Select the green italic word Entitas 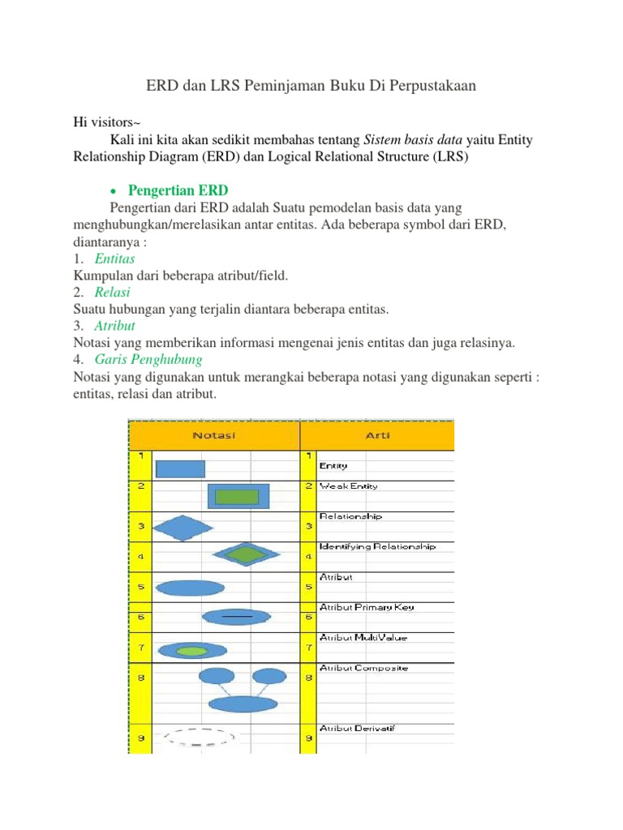coord(114,259)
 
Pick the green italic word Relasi coord(112,292)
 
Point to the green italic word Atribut coord(114,326)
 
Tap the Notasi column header coord(214,436)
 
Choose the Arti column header coord(378,436)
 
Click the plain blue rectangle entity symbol coord(180,468)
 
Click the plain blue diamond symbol coord(183,528)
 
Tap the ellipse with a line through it coord(236,617)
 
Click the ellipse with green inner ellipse coord(192,650)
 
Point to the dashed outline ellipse coord(199,738)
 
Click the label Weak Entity coord(349,486)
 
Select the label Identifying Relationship coord(378,546)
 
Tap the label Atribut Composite coord(364,669)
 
